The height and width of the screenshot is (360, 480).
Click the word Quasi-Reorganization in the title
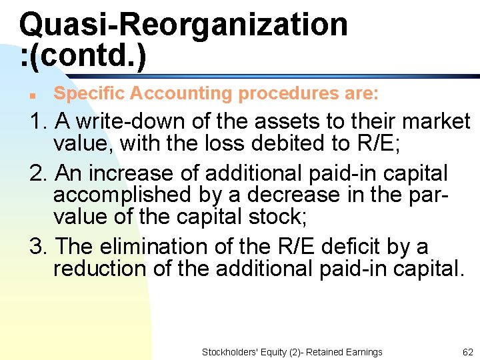pyautogui.click(x=183, y=25)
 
